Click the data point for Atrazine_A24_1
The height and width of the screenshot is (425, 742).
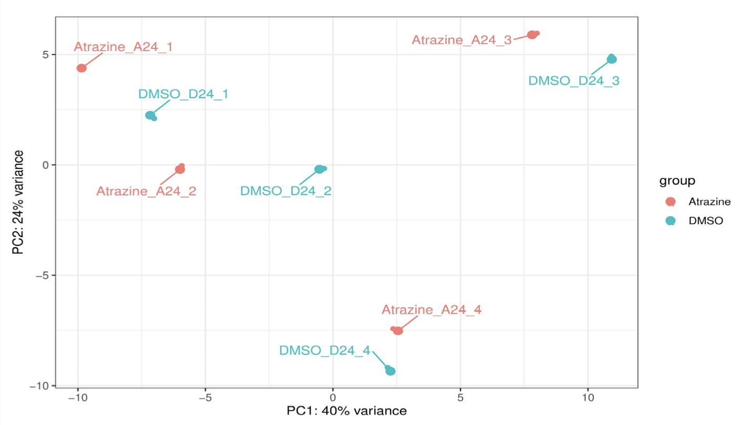pyautogui.click(x=81, y=68)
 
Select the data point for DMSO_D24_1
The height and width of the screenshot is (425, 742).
pyautogui.click(x=150, y=115)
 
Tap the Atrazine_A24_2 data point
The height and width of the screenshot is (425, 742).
pyautogui.click(x=180, y=169)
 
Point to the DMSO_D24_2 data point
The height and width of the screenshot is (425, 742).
pyautogui.click(x=319, y=169)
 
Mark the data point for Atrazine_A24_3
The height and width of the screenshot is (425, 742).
pyautogui.click(x=532, y=35)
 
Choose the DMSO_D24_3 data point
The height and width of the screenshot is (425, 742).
pyautogui.click(x=612, y=59)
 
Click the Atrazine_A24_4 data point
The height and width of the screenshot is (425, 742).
pyautogui.click(x=398, y=330)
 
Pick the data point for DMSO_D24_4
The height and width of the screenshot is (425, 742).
pyautogui.click(x=390, y=371)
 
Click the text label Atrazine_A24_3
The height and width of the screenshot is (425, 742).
pyautogui.click(x=461, y=40)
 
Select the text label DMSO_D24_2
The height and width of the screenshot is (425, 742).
pyautogui.click(x=285, y=191)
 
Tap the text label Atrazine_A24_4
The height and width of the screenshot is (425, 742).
pyautogui.click(x=431, y=310)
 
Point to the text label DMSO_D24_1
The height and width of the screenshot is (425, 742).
pyautogui.click(x=183, y=94)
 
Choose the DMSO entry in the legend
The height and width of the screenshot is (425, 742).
pyautogui.click(x=706, y=221)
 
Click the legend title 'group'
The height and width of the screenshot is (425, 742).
pyautogui.click(x=677, y=181)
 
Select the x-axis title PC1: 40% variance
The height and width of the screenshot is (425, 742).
pyautogui.click(x=346, y=411)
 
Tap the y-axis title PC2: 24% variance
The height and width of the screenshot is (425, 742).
pyautogui.click(x=18, y=203)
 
